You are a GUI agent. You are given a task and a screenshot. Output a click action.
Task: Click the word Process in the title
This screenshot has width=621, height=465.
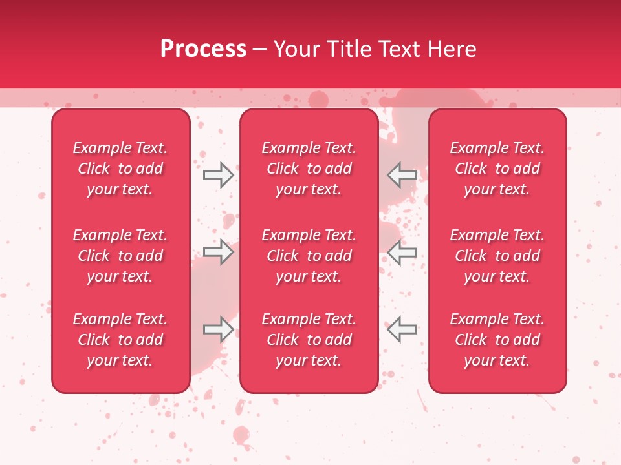(203, 49)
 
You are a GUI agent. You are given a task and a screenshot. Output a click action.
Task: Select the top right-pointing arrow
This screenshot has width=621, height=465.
(219, 174)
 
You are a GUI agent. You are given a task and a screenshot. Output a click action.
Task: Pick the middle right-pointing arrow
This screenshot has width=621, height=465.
(219, 252)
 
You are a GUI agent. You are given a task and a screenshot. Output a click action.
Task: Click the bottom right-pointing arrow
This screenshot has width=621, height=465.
(219, 329)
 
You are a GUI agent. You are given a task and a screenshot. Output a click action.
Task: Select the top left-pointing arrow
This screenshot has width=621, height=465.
(402, 174)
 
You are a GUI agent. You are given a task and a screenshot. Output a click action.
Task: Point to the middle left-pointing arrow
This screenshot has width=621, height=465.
(402, 252)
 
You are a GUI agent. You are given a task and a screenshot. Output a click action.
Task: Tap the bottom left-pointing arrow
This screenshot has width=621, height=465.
(402, 329)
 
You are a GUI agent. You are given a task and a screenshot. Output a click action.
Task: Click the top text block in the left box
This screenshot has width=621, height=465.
(120, 169)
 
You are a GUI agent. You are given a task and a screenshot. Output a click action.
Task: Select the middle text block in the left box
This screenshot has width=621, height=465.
(120, 256)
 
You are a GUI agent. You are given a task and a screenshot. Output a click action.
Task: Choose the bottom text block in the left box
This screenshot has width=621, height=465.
(120, 340)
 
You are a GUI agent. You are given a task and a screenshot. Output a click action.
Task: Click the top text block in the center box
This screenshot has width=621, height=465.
(309, 169)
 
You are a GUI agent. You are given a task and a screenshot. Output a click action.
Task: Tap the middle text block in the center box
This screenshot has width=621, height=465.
(309, 256)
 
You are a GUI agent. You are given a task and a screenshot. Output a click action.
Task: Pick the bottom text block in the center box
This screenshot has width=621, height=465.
(309, 340)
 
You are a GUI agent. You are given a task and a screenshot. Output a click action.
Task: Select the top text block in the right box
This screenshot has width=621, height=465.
(497, 169)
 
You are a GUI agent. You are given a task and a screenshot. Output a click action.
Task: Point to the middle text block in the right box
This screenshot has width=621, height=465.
(497, 256)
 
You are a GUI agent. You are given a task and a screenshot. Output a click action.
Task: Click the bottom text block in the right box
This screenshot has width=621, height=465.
(497, 340)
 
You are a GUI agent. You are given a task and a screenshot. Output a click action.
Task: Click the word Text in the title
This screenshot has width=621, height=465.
(395, 49)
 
